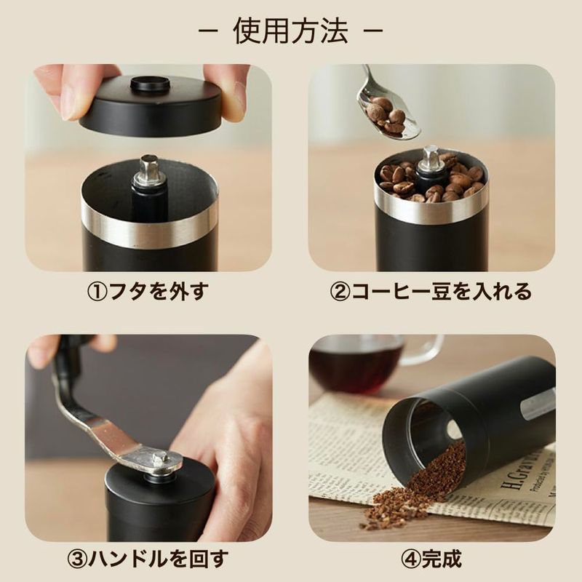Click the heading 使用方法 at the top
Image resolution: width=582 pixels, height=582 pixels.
[x=290, y=31]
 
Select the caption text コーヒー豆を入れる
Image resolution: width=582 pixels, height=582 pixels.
[x=442, y=292]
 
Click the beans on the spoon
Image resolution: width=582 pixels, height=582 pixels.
[x=386, y=114]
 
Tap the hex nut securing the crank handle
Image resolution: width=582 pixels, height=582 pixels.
[x=159, y=460]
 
